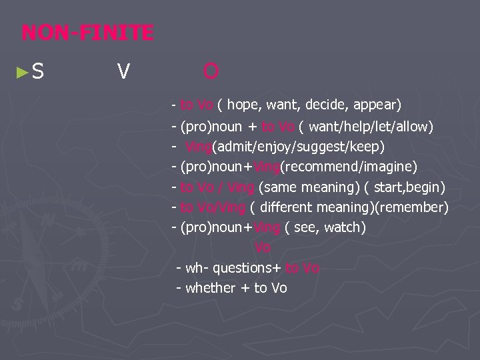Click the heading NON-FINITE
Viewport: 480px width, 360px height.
[x=87, y=31]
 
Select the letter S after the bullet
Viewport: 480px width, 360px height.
[x=37, y=69]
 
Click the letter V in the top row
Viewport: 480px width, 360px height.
[x=123, y=70]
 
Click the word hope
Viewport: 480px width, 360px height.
[x=245, y=105]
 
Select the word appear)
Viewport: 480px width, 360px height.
[x=377, y=105]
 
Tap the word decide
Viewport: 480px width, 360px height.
[x=327, y=105]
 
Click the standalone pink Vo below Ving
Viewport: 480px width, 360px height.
[x=263, y=247]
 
